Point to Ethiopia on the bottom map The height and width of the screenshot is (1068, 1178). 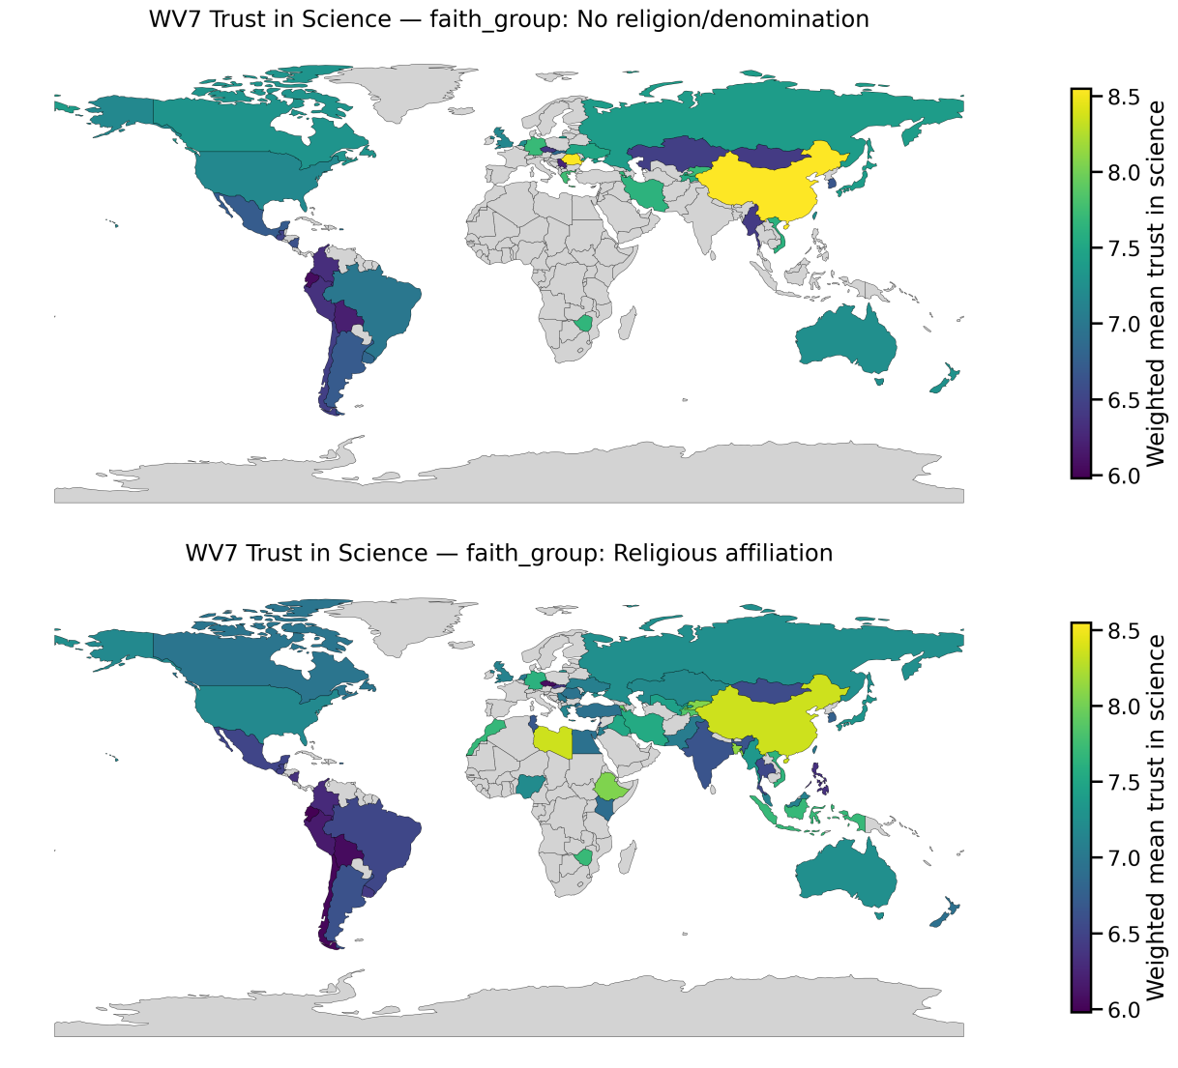click(611, 786)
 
